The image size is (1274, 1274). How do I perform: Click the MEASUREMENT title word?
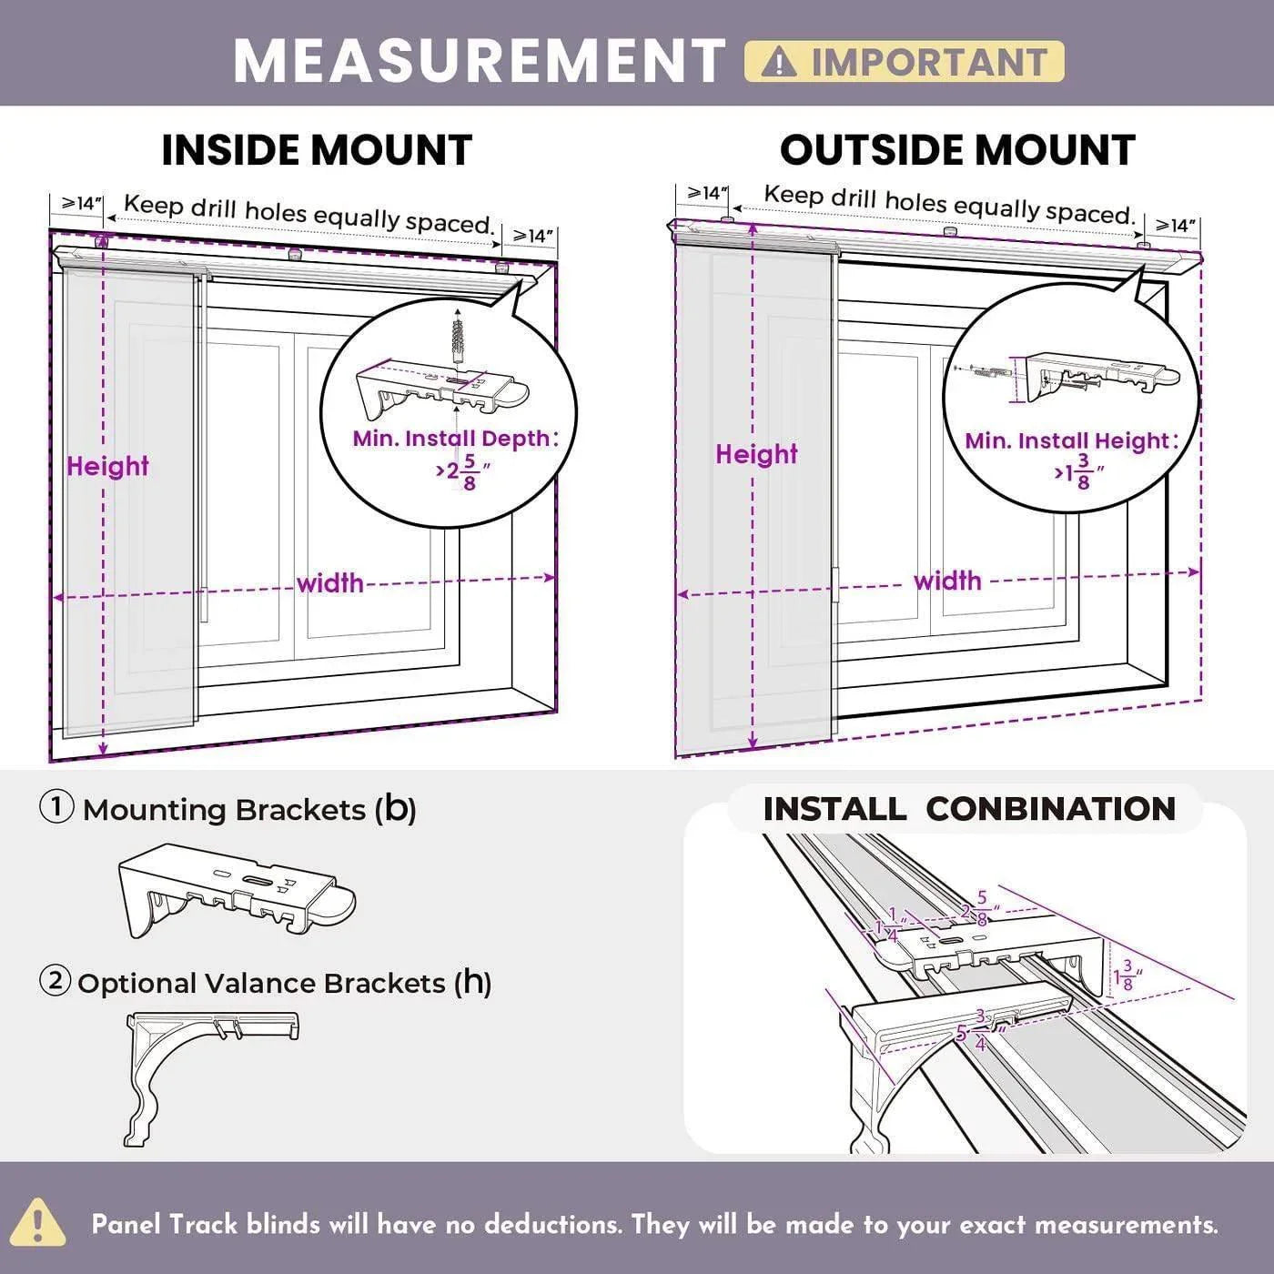pos(479,61)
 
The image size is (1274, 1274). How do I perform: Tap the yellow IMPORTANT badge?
pos(904,62)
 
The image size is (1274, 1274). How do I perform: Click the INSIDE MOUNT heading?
pos(317,150)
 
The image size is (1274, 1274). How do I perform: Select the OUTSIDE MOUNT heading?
pos(957,150)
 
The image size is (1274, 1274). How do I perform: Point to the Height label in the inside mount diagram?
pos(107,466)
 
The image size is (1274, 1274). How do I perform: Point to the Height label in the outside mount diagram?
pos(756,454)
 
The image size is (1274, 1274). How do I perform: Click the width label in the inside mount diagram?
pos(329,583)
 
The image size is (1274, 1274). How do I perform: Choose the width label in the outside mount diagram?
pos(947,581)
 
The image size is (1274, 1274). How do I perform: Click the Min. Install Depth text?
pos(452,439)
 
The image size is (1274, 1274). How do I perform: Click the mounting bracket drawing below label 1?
pos(237,891)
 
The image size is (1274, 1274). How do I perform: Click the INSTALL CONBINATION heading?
pos(968,809)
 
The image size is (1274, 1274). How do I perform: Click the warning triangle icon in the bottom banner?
pos(37,1222)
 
